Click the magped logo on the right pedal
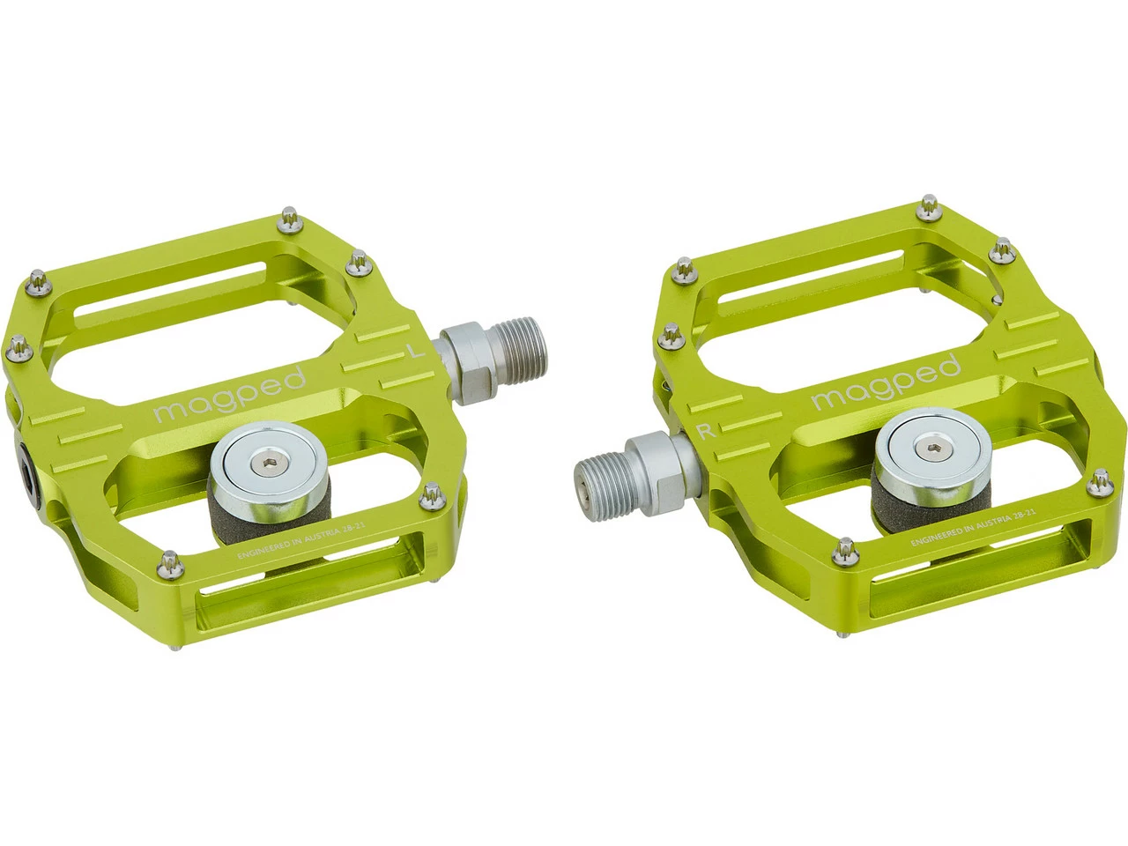pos(885,382)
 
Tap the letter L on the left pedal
pos(412,351)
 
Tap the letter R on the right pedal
pos(704,431)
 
